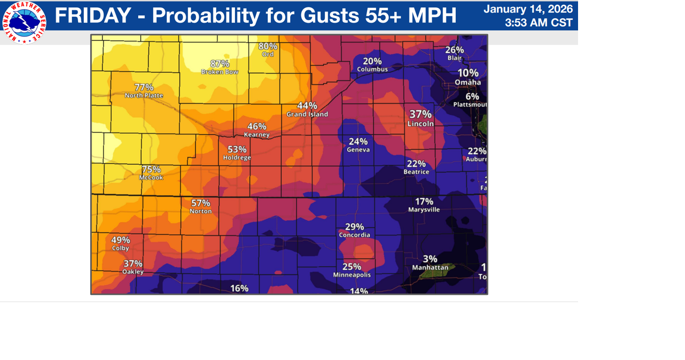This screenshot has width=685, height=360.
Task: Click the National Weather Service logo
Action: (24, 22)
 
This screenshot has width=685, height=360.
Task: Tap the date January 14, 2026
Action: (528, 9)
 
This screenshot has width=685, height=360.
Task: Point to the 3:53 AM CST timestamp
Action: (539, 23)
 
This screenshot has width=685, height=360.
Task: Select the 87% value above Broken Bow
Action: (220, 64)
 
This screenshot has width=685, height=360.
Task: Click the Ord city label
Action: (268, 54)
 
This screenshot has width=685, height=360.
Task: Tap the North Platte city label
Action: (144, 95)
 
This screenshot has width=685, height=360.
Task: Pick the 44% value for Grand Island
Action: (307, 106)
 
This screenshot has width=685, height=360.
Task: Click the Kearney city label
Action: (257, 135)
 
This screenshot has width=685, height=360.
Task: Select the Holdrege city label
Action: (237, 158)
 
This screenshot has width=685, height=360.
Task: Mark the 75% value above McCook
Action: (151, 169)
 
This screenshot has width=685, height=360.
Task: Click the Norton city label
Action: (200, 211)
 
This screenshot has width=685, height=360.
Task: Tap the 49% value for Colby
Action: (120, 240)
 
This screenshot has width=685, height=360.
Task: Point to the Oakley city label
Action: (133, 272)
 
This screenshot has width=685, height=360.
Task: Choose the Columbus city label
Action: (372, 69)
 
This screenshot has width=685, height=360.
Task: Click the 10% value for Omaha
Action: (468, 73)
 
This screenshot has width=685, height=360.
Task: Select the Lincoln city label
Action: (421, 124)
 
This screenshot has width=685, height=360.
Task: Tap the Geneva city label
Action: (358, 150)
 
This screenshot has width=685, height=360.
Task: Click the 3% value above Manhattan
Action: (430, 259)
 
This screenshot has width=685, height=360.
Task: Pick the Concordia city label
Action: (355, 235)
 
